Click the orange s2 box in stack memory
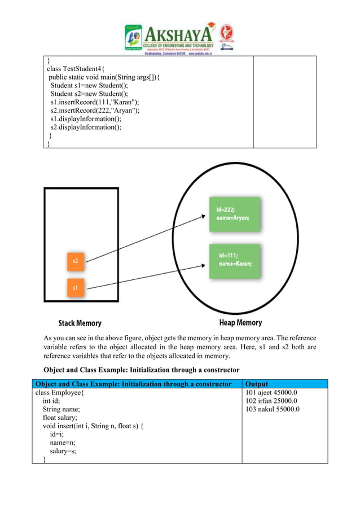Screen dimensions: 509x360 [75, 262]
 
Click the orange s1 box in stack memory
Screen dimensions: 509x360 [75, 288]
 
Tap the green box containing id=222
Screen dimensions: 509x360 [234, 214]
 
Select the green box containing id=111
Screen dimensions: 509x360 [234, 261]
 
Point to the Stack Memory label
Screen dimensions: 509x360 [80, 323]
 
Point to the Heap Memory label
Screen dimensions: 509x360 [232, 323]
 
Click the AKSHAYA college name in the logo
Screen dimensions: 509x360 [178, 32]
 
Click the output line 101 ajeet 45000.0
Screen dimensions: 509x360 [271, 393]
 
